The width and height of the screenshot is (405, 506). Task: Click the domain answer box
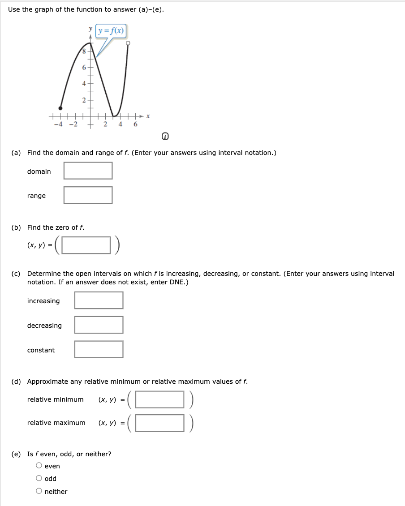88,171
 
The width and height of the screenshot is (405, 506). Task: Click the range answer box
88,195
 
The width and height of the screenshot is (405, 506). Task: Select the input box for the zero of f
86,244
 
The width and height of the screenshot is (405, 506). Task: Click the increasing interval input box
99,300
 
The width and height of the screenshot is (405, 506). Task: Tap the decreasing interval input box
99,325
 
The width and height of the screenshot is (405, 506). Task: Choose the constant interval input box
99,349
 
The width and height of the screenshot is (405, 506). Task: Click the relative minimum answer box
160,399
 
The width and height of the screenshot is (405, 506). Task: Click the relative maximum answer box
160,423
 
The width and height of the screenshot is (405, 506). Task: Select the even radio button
39,466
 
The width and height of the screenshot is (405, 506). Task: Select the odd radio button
39,478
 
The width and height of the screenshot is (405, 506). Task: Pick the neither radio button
39,491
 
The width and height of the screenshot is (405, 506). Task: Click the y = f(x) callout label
112,31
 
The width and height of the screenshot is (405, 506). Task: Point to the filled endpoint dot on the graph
60,108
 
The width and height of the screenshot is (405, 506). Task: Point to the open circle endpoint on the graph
128,43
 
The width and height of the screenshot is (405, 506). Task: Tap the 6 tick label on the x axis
135,124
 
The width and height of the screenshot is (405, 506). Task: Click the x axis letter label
147,116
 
